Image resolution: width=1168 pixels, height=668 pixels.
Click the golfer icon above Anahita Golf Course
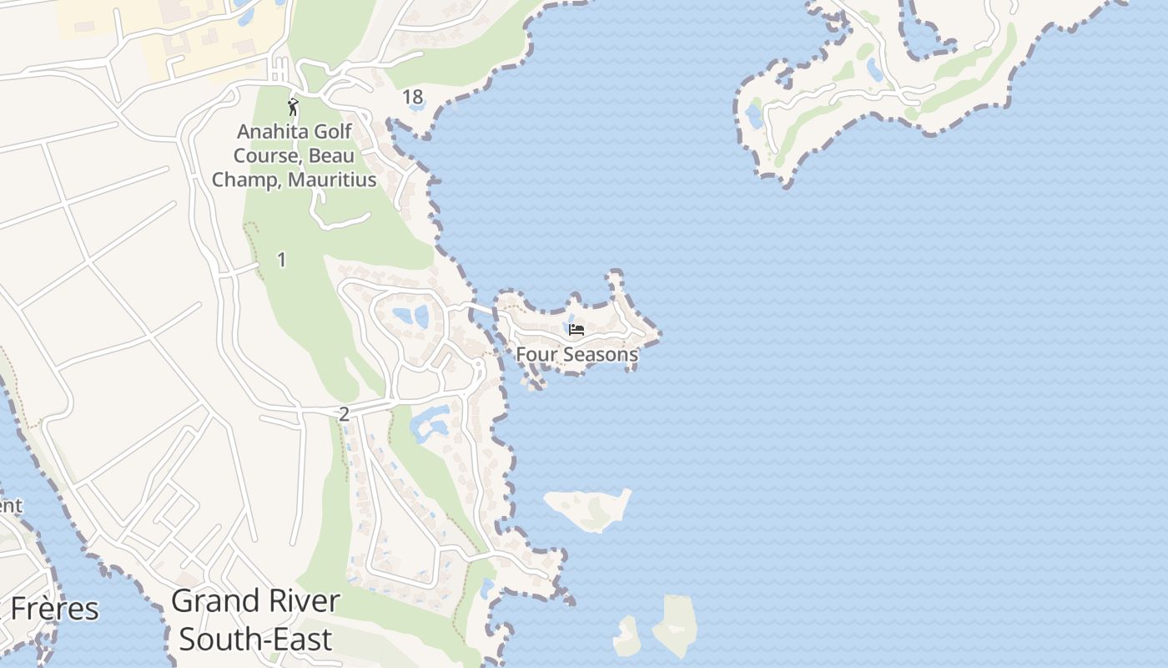point(293,106)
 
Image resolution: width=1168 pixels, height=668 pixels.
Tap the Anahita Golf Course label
point(294,155)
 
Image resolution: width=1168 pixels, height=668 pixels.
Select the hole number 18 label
point(413,97)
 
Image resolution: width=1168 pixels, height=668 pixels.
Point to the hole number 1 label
point(281,260)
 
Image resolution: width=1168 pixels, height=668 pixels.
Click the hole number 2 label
point(344,413)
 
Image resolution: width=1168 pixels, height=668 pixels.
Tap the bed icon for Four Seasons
point(576,330)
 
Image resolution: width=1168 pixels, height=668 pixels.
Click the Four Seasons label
point(576,354)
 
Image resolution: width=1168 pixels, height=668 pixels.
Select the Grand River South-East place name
point(255,620)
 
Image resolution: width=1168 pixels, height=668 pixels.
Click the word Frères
point(55,610)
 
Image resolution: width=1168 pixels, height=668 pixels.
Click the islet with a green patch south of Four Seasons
point(589,508)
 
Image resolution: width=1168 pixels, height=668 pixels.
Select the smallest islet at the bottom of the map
point(627,636)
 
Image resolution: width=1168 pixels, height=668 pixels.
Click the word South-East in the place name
point(255,640)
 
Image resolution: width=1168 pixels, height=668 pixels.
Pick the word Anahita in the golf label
point(271,131)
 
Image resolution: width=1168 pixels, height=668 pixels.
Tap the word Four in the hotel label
point(534,354)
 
